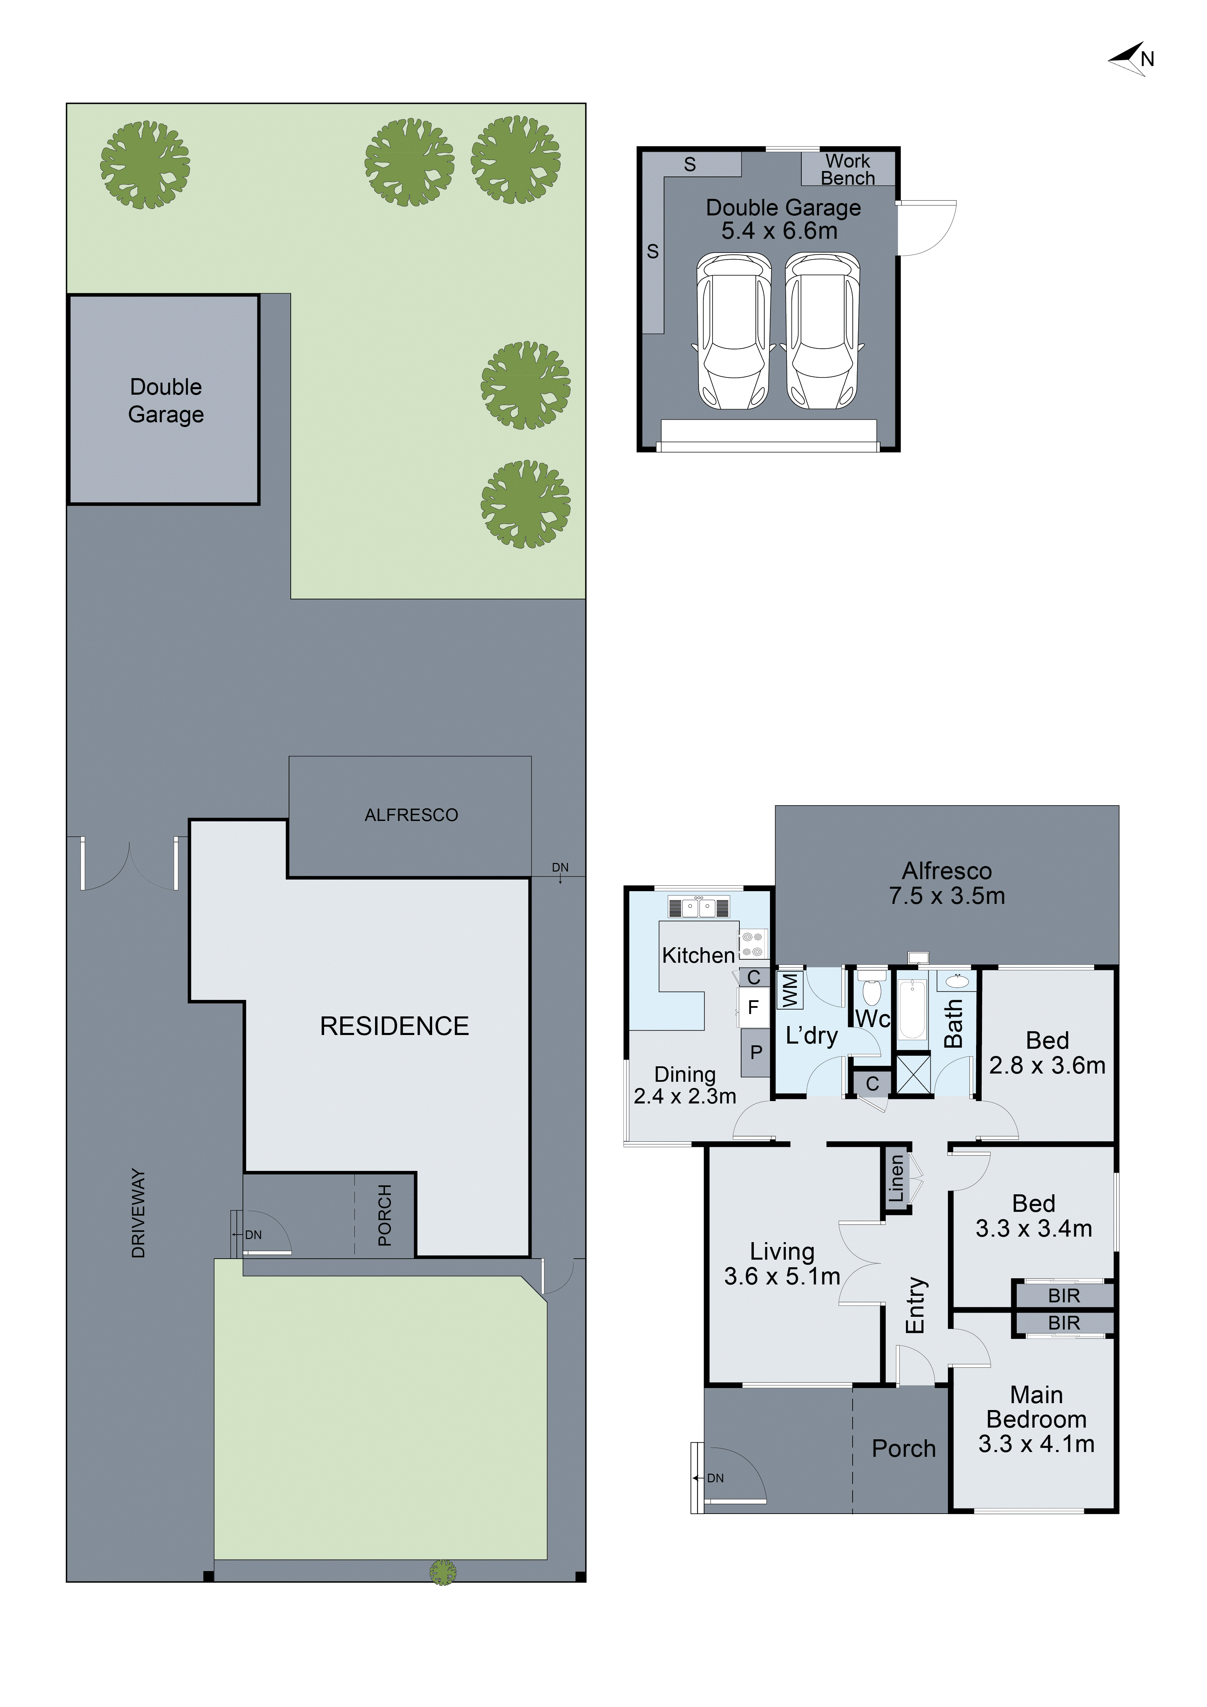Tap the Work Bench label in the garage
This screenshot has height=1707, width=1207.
coord(847,170)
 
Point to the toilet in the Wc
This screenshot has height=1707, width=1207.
coord(872,987)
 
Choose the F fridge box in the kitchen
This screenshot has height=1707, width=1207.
coord(753,1007)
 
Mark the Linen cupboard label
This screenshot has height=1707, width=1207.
coord(896,1179)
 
